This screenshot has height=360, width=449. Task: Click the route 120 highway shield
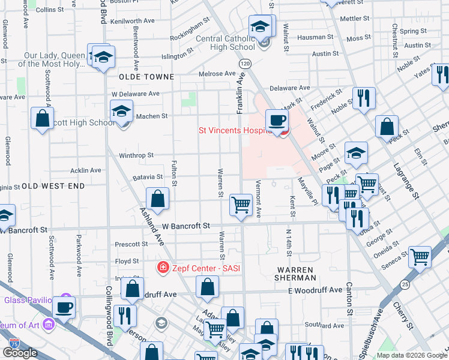coord(244,63)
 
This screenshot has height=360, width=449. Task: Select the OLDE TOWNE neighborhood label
coord(146,77)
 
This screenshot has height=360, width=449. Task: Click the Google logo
coord(20,353)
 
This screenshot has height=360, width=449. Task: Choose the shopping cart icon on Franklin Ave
coord(241,205)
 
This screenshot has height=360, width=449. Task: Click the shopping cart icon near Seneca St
coord(420,257)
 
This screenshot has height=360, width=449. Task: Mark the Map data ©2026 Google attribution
coord(411,355)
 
